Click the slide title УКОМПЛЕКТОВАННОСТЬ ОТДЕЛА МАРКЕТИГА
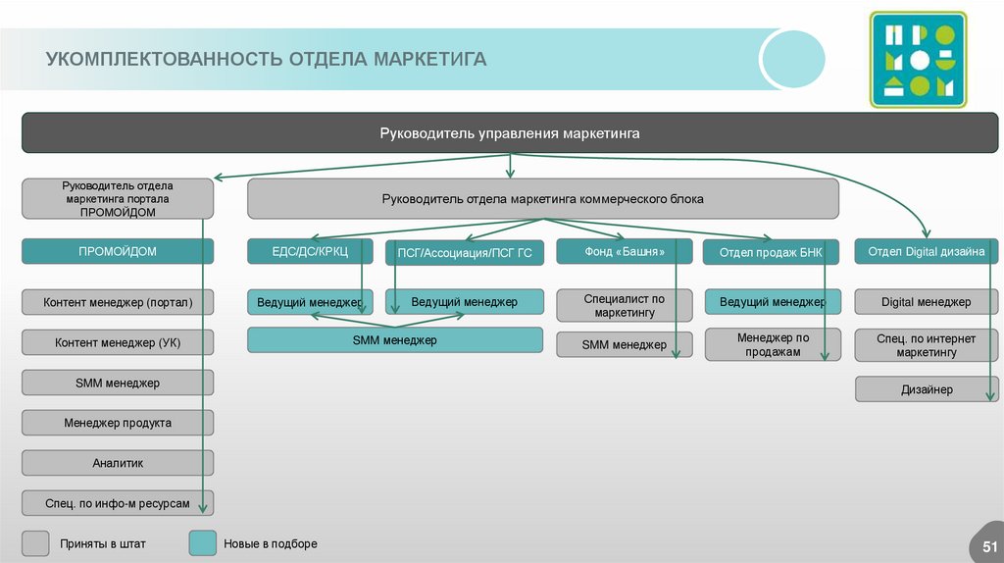point(266,60)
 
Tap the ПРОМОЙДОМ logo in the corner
point(918,60)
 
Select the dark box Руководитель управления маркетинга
point(510,133)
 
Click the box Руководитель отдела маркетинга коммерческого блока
point(542,199)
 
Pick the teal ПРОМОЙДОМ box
point(118,252)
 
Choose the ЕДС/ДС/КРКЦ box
point(310,252)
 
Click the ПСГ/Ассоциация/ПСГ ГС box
point(464,253)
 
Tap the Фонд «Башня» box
point(624,252)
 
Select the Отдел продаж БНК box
point(771,253)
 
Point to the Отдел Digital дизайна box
point(927,252)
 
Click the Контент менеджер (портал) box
point(118,303)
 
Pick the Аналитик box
point(118,462)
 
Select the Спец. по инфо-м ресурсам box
point(118,503)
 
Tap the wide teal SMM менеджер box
point(394,340)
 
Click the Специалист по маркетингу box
point(624,306)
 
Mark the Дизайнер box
point(927,389)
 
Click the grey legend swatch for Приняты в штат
point(36,543)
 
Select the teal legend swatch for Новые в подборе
point(202,543)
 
